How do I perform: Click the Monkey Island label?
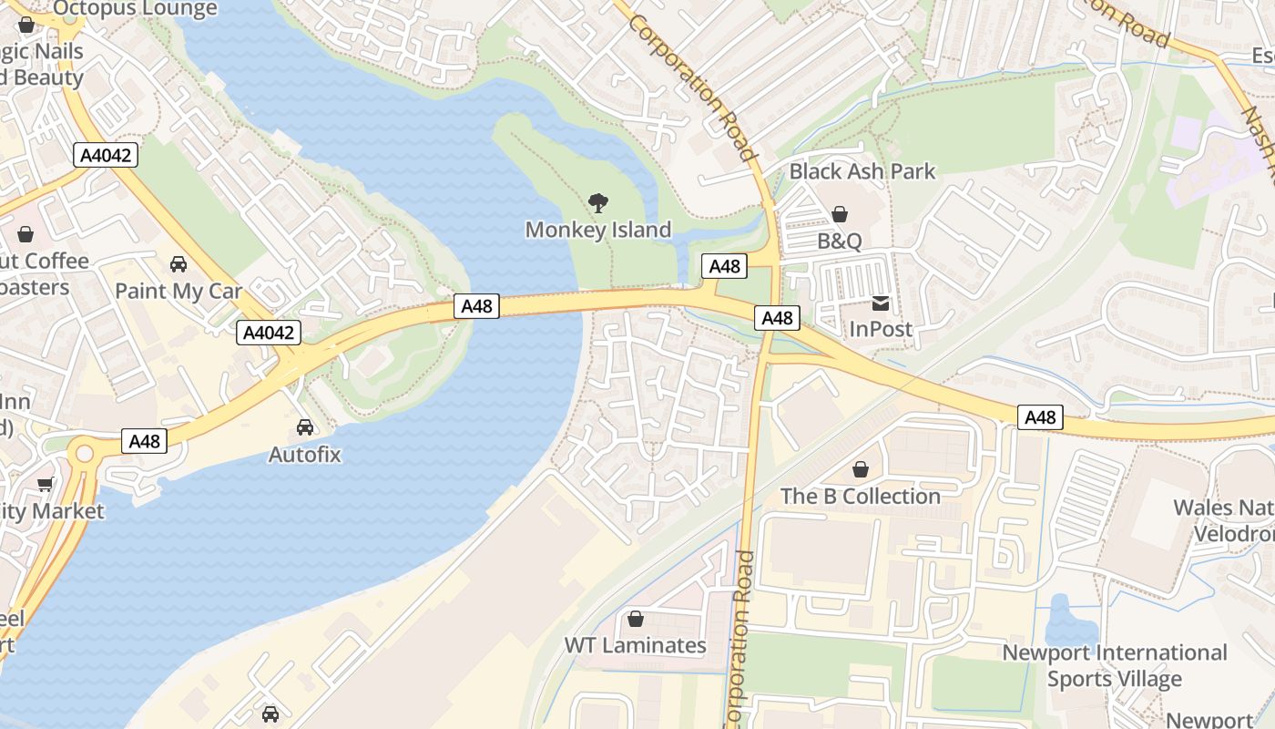coord(597,230)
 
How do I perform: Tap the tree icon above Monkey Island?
coord(598,202)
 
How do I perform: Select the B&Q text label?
coord(839,241)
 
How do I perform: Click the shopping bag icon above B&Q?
coord(840,214)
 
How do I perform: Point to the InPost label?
coord(880,329)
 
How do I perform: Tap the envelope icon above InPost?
coord(881,303)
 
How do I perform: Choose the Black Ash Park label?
coord(862,171)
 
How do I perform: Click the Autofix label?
coord(304,454)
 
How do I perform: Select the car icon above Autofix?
coord(305,426)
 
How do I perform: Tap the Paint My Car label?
coord(178,292)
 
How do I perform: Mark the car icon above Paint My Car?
coord(178,264)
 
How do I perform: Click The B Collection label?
coord(860,497)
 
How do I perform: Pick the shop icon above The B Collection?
coord(861,469)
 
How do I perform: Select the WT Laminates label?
coord(635,645)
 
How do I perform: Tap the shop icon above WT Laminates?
coord(636,619)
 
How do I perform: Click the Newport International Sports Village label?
coord(1114,666)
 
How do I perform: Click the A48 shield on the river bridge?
coord(476,306)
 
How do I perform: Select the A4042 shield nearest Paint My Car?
coord(269,333)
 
